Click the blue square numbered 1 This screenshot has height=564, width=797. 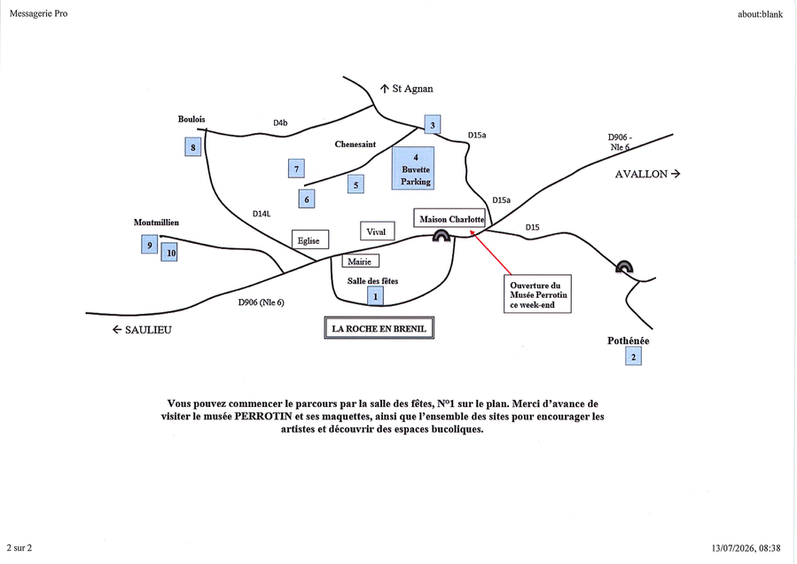coord(376,296)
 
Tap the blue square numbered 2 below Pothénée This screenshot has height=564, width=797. coord(633,356)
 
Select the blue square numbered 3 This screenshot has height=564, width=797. coord(433,125)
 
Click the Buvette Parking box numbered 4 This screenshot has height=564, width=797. coord(413,168)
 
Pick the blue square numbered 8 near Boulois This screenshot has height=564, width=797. coord(193,147)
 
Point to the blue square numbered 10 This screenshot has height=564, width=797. coord(169,252)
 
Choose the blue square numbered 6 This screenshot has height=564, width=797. coord(307,199)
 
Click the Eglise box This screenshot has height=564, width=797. coord(310,239)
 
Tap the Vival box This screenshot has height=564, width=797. coord(377,231)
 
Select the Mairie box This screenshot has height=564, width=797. coord(360,261)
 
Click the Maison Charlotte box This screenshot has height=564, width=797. coord(449,217)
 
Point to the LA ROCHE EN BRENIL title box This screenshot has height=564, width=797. coord(379,328)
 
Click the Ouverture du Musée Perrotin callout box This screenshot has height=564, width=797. coord(538,294)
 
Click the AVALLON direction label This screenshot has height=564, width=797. coord(647,174)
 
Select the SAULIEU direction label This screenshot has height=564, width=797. coord(143,330)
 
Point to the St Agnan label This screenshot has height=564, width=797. coord(407,89)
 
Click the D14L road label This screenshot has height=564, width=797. coord(262,214)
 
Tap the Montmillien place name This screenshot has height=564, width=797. coord(157,223)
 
